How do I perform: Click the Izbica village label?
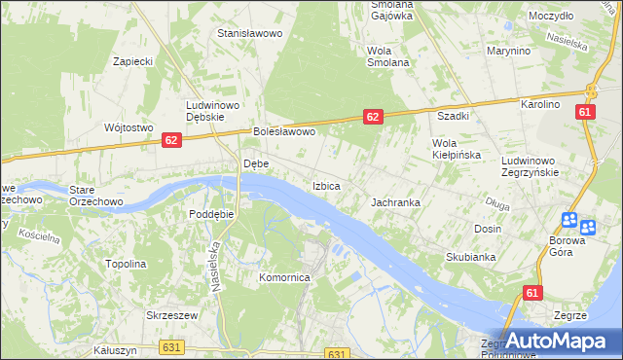tap(326, 185)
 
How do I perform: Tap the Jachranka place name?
tap(395, 202)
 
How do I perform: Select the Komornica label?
tap(283, 277)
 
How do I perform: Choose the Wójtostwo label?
tap(129, 127)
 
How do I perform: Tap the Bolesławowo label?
tap(284, 131)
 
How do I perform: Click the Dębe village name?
tap(255, 163)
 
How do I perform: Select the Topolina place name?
tap(126, 264)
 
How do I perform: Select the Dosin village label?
tap(488, 229)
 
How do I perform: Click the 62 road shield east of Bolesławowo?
tap(373, 116)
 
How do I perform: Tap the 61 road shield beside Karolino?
tap(584, 112)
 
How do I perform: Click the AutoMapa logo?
tap(559, 341)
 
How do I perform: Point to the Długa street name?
tap(497, 202)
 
